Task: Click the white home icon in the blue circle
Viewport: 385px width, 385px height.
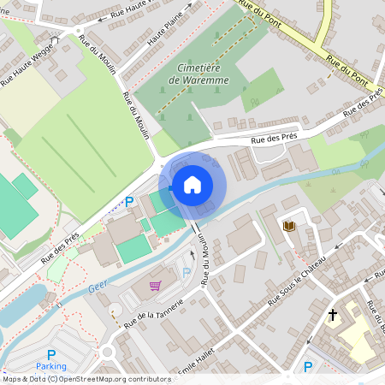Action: pyautogui.click(x=192, y=184)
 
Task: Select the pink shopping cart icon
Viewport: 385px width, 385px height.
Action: pyautogui.click(x=156, y=286)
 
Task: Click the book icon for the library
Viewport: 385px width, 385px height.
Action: pyautogui.click(x=289, y=226)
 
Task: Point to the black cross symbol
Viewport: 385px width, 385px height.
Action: pyautogui.click(x=333, y=315)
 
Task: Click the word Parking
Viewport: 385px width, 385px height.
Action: pyautogui.click(x=51, y=366)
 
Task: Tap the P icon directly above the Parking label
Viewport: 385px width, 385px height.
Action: pyautogui.click(x=51, y=354)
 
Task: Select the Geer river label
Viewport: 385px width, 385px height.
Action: pyautogui.click(x=98, y=289)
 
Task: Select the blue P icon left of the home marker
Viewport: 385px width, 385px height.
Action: pyautogui.click(x=130, y=202)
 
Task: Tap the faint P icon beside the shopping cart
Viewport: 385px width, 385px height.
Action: pyautogui.click(x=187, y=273)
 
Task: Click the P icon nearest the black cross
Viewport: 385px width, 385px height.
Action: pyautogui.click(x=308, y=368)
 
